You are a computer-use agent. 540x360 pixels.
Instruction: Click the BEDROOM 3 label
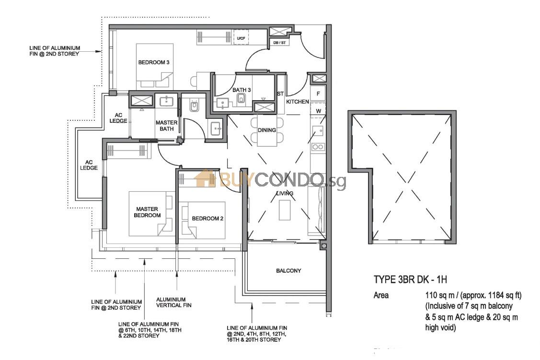click(154, 62)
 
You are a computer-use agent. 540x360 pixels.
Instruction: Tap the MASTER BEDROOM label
click(147, 212)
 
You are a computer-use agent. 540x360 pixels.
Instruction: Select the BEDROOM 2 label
click(207, 219)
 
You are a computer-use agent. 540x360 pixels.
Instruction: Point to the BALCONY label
click(288, 271)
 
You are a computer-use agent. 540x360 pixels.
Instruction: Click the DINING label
click(267, 130)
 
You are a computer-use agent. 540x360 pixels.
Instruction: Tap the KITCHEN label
click(298, 102)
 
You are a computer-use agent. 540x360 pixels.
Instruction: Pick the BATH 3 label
click(241, 90)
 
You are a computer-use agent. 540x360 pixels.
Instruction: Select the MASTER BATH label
click(167, 126)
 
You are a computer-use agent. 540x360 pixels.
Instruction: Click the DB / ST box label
click(279, 43)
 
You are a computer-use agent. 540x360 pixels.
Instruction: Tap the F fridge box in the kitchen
click(318, 93)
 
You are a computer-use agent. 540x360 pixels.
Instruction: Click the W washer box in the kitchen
click(318, 111)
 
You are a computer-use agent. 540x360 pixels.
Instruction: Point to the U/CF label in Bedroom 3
click(241, 38)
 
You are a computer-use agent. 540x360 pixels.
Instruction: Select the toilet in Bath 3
click(241, 100)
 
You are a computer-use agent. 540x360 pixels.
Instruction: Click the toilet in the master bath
click(194, 106)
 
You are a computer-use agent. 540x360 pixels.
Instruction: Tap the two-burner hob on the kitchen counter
click(318, 147)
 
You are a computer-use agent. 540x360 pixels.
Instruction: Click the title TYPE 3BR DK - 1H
click(410, 280)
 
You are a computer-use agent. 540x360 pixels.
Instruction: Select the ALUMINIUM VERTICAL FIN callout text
click(174, 302)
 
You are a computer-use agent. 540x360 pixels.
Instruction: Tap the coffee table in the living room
click(285, 210)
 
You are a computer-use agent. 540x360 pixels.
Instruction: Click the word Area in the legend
click(381, 295)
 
